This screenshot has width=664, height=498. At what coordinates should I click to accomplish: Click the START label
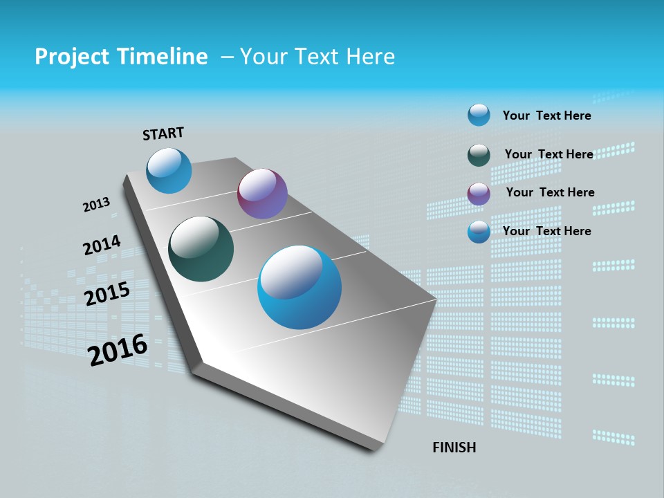164,133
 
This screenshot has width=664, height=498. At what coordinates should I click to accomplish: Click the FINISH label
454,448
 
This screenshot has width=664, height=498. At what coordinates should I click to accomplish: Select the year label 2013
97,205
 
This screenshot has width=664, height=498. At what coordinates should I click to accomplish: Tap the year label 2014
102,245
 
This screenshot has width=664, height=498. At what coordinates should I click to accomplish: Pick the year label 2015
107,294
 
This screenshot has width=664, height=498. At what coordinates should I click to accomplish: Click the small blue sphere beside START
169,171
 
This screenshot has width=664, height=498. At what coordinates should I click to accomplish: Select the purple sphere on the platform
262,194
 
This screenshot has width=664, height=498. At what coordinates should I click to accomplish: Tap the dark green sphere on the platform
201,249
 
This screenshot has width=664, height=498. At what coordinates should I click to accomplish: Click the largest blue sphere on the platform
299,287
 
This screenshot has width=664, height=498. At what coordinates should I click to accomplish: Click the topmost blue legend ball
479,115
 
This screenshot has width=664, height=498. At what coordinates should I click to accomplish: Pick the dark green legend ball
479,155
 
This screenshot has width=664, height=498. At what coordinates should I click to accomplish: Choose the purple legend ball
479,194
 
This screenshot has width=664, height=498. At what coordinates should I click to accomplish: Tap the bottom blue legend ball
479,232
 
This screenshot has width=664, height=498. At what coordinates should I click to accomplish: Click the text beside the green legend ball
548,154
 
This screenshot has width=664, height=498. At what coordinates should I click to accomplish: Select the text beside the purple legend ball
550,192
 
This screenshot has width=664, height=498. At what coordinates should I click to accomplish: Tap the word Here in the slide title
370,57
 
